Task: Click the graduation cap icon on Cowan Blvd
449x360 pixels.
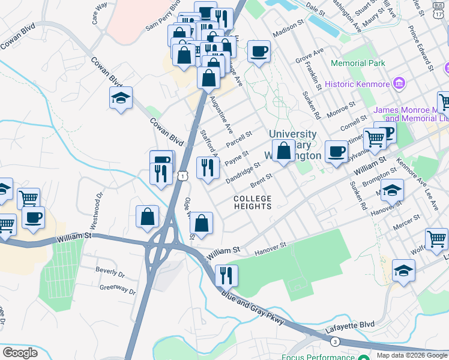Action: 121,98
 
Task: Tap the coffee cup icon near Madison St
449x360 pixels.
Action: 259,52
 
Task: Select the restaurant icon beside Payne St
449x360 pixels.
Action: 208,168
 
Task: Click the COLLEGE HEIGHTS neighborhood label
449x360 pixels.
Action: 252,202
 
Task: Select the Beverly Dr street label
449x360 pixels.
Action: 109,271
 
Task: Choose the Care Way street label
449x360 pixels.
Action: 99,14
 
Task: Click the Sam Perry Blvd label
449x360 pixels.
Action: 163,16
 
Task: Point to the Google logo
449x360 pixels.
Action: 20,353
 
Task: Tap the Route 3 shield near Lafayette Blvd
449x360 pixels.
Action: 334,341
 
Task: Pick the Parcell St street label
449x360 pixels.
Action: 239,139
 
